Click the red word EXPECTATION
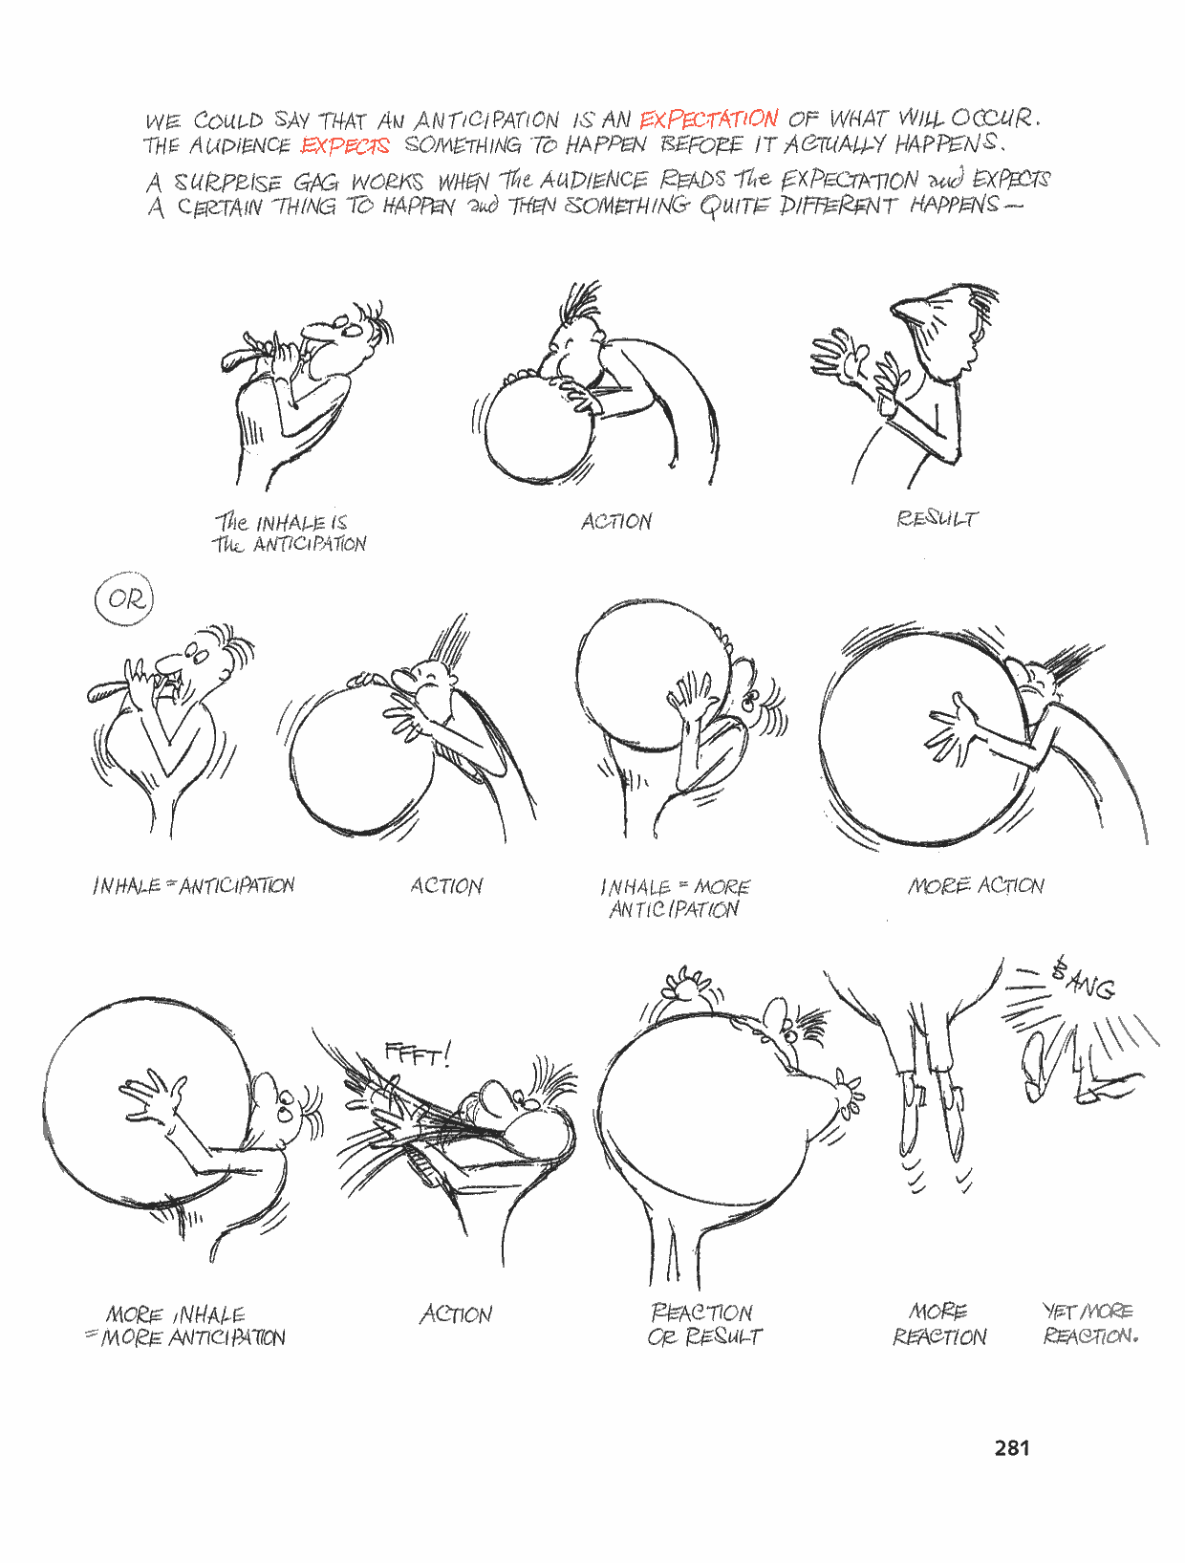[x=708, y=119]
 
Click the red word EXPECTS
[x=345, y=145]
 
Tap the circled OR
[x=125, y=599]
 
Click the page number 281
[x=1012, y=1447]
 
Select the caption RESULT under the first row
[x=937, y=518]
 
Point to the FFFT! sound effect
[x=417, y=1053]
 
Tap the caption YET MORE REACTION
[x=1090, y=1323]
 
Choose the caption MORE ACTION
[x=976, y=885]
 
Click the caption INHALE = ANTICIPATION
[x=193, y=886]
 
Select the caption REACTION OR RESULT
[x=704, y=1324]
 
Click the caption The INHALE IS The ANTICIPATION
[x=290, y=532]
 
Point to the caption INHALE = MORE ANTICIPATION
[x=676, y=898]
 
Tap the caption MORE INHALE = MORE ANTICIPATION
[x=185, y=1326]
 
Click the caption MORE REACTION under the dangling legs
[x=939, y=1323]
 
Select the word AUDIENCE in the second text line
[x=239, y=145]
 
